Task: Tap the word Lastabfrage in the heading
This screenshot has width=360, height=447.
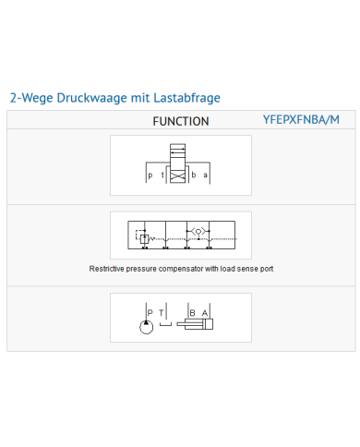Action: coord(186,98)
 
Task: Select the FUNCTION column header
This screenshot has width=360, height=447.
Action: coord(181,121)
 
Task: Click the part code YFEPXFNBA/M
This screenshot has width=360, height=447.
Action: coord(301,119)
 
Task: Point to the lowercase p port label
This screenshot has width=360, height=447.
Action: coord(150,175)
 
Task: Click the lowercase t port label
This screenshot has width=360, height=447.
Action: coord(162,175)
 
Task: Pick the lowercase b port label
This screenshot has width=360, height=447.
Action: coord(194,175)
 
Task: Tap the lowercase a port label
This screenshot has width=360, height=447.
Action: coord(205,175)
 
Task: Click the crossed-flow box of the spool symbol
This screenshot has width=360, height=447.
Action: coord(178,177)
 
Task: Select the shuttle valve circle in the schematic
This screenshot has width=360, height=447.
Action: coord(198,232)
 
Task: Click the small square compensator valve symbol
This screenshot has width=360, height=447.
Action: coord(144,239)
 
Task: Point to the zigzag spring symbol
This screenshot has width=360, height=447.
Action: coord(151,238)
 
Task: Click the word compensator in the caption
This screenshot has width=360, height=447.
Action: coord(181,269)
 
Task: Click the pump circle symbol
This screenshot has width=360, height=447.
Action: coord(146,327)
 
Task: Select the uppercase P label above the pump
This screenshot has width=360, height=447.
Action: coord(150,313)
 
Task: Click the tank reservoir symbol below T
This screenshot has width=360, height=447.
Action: coord(165,323)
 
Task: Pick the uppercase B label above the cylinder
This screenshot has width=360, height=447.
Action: coord(193,313)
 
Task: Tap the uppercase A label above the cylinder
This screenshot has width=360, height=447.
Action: coord(205,313)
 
